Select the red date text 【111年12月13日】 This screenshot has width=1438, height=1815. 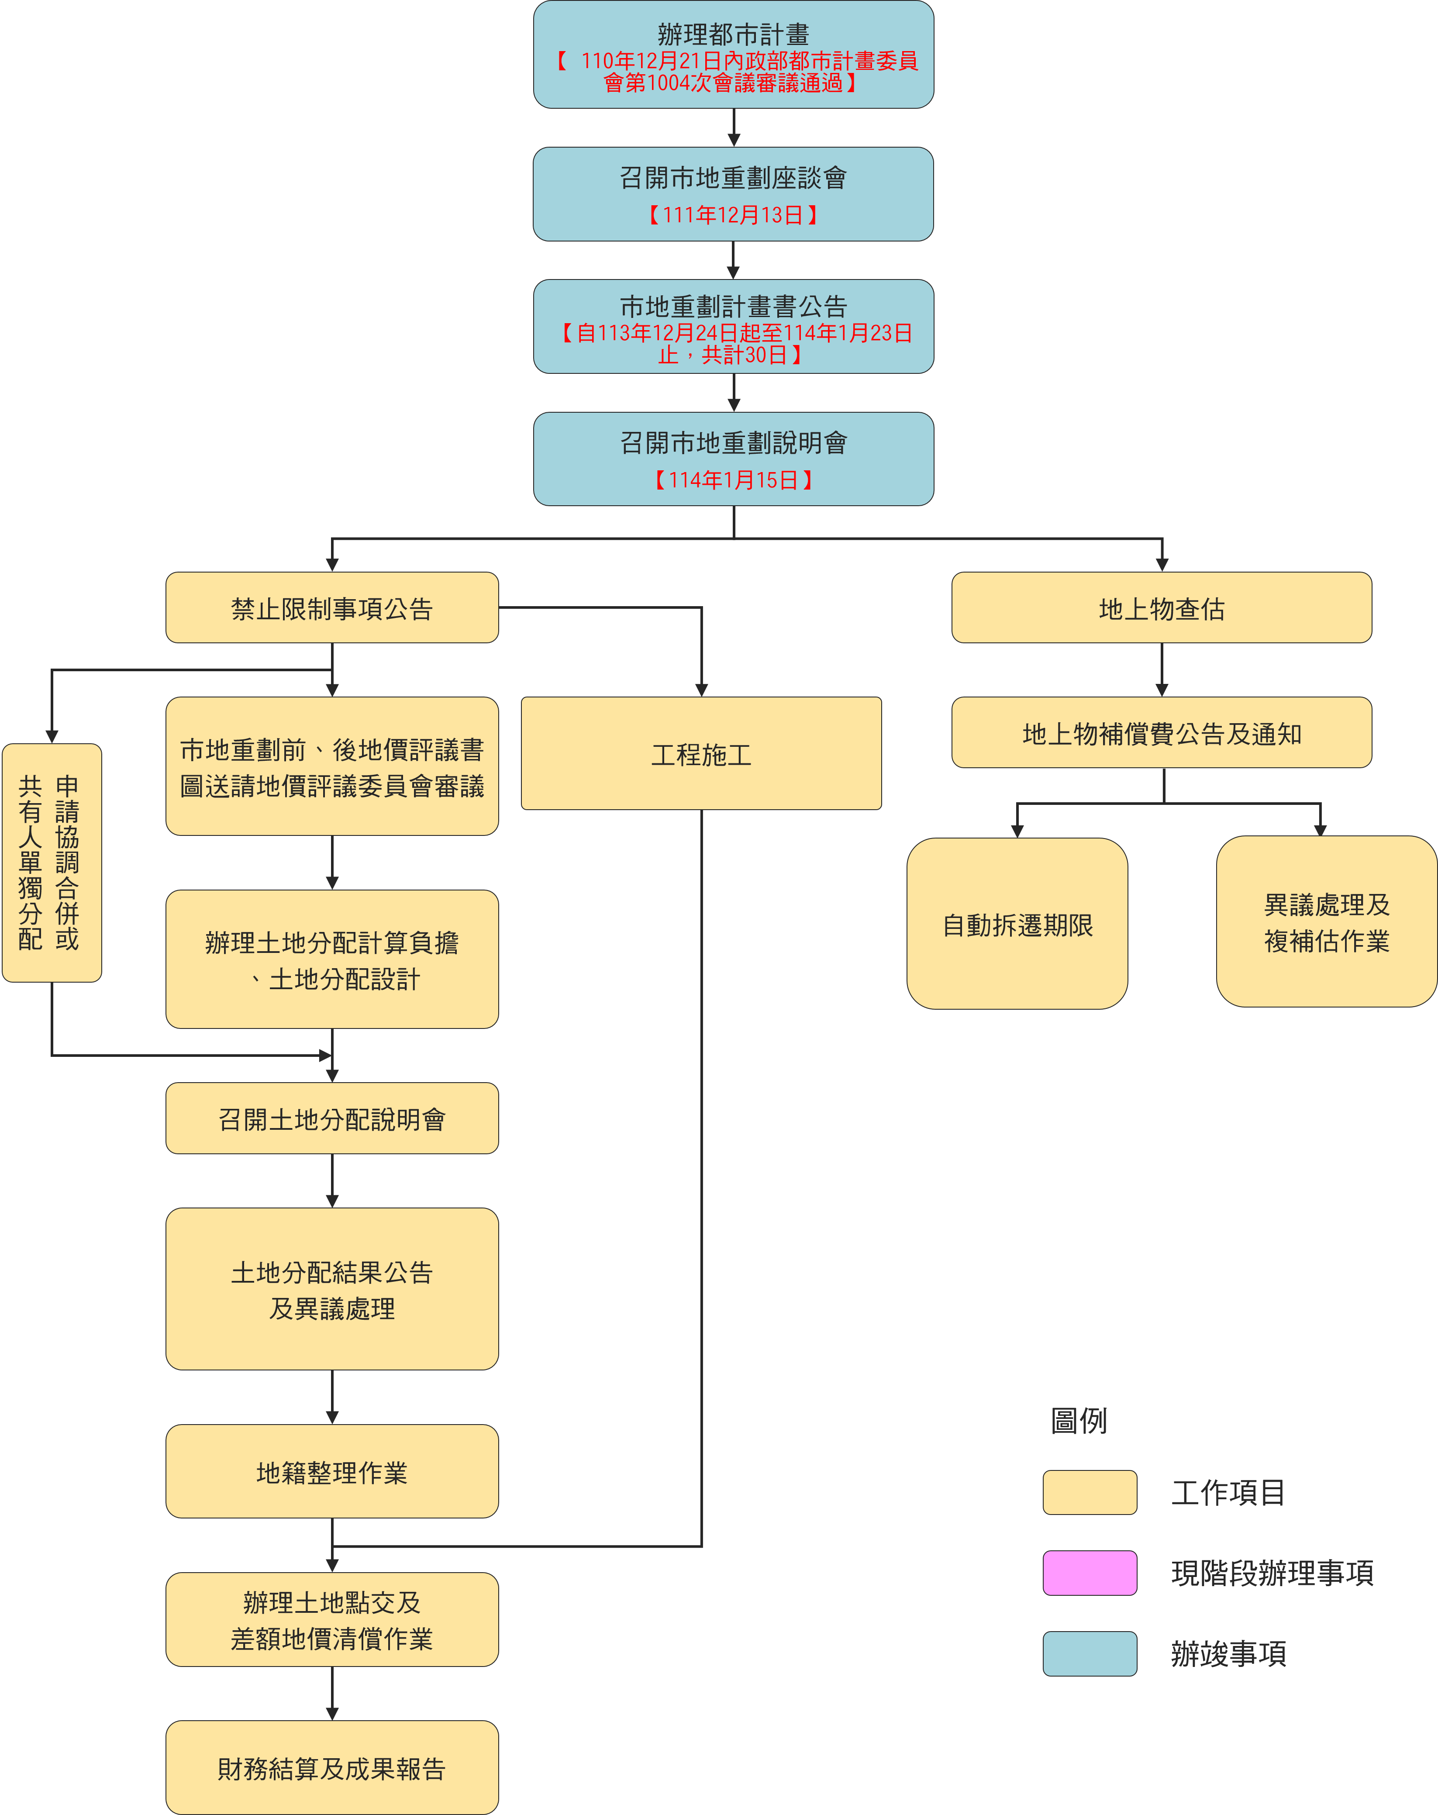[733, 215]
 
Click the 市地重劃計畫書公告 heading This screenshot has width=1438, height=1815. [733, 307]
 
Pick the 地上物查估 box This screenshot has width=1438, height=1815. [1162, 608]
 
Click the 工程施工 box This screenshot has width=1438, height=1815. [701, 753]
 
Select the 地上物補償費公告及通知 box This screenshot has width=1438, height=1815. [1162, 732]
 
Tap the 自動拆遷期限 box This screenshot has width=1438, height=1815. [1017, 924]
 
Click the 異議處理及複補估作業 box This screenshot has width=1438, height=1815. [1327, 922]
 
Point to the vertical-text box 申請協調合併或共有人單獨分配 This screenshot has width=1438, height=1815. [52, 863]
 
